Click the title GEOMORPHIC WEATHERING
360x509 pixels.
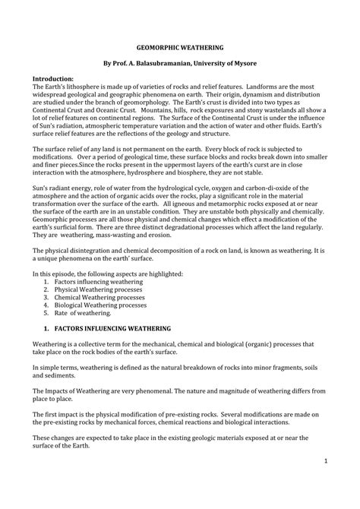(x=180, y=46)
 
